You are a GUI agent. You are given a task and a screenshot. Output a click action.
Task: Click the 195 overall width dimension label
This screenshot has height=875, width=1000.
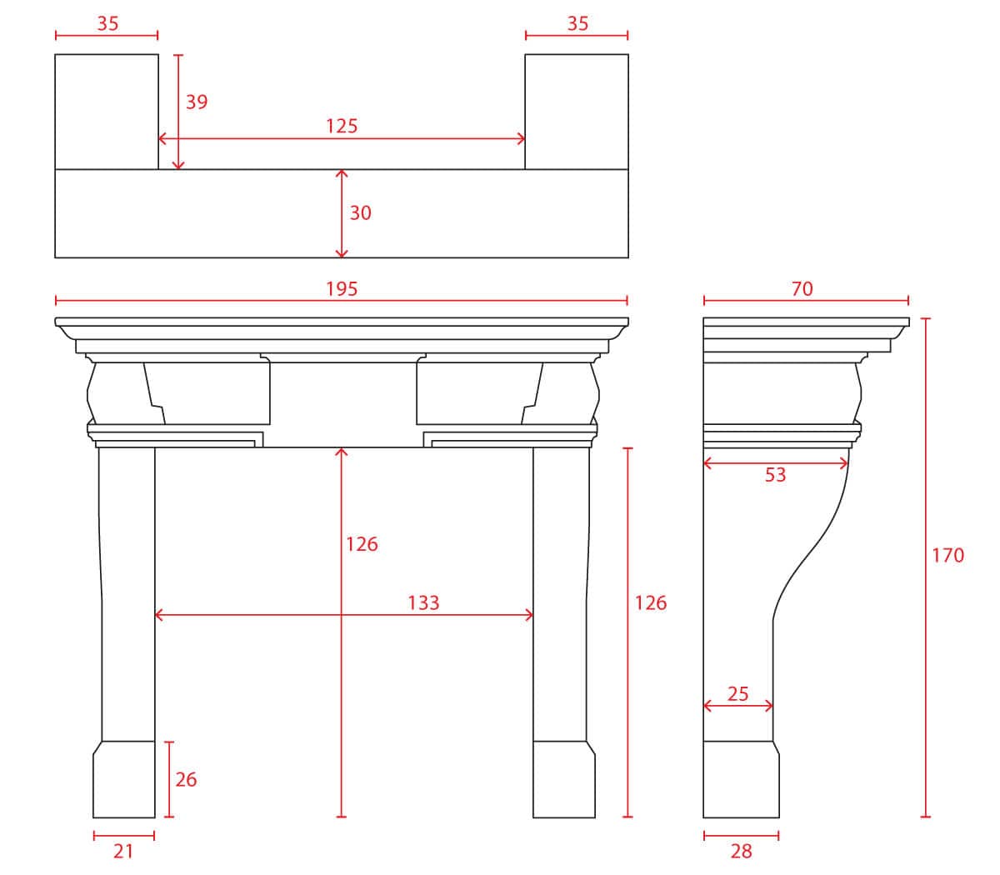point(342,289)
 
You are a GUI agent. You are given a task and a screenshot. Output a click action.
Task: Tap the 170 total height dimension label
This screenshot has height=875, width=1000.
point(947,555)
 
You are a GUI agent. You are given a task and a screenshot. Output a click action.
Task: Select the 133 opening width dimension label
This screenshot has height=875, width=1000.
point(424,602)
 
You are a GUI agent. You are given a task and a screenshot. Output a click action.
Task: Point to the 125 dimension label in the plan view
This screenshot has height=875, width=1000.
point(342,126)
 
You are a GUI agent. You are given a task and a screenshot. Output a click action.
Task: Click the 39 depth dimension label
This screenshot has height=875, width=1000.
point(197,102)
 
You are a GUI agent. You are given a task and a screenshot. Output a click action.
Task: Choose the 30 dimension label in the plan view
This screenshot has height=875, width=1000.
point(360,212)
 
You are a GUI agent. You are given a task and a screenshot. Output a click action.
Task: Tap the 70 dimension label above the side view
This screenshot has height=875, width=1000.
point(802,289)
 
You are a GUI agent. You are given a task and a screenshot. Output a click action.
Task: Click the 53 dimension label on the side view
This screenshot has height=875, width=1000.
point(775,475)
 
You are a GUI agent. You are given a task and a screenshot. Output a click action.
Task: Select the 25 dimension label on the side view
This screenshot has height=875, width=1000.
point(738,693)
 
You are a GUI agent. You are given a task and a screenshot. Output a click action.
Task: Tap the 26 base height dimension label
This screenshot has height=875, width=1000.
point(186,780)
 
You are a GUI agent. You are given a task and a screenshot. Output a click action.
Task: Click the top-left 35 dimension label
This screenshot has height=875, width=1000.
point(107,23)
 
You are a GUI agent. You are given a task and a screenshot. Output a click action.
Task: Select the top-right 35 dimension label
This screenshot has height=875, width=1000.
point(577,23)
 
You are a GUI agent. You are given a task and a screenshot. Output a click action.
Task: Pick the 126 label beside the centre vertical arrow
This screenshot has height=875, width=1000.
point(362,544)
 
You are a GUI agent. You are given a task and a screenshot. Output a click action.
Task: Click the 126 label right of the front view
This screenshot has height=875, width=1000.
point(651,602)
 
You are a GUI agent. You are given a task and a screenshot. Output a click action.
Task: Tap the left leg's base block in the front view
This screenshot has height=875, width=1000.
point(124,779)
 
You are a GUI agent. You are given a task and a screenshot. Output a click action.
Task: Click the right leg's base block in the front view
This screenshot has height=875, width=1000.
point(564,779)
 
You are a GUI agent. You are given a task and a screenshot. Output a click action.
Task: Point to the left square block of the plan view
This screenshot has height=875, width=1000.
point(107,112)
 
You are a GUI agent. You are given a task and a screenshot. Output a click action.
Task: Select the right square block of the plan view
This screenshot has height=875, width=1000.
point(577,112)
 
